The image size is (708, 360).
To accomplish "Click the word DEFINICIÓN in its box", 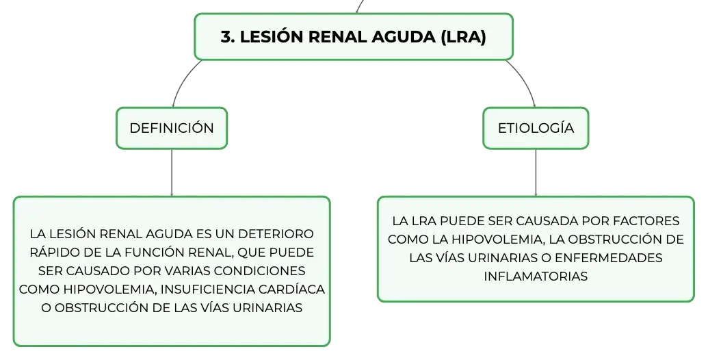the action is [172, 128].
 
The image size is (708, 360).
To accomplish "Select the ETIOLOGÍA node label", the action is [536, 128].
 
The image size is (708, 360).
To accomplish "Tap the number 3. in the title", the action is [228, 36].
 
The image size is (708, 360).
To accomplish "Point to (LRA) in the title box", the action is [463, 36].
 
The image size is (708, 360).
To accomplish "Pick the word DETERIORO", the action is [276, 234].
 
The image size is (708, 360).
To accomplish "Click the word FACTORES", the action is [648, 221].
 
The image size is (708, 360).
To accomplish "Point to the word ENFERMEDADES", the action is [608, 257].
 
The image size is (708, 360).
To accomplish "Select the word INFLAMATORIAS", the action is [536, 276].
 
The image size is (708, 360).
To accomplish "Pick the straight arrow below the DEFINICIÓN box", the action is [172, 172].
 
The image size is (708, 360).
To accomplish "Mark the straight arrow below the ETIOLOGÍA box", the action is [536, 172].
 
